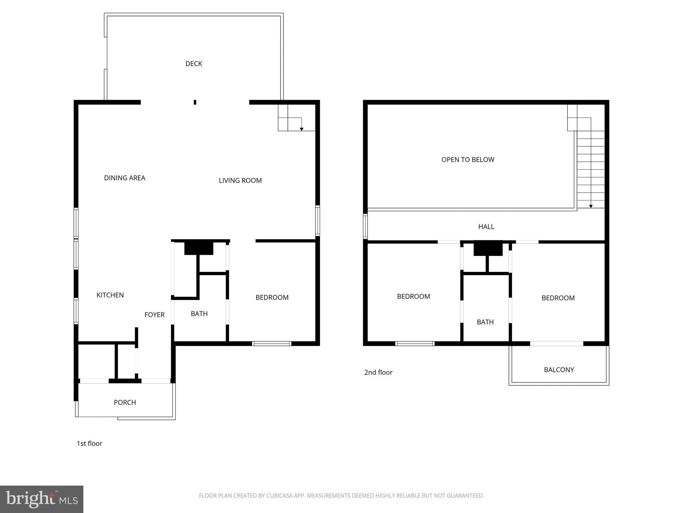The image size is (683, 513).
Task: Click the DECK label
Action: click(x=194, y=63)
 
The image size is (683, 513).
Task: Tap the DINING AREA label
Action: click(x=124, y=178)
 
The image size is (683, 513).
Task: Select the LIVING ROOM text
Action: click(x=240, y=180)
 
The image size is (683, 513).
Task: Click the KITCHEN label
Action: click(x=110, y=295)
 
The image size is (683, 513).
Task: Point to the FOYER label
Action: click(x=154, y=315)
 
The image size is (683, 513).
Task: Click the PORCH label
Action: click(x=125, y=402)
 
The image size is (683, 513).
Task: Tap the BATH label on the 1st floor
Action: click(x=199, y=314)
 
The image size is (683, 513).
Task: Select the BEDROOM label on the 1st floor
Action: click(x=272, y=297)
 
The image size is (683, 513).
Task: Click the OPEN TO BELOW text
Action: click(x=468, y=160)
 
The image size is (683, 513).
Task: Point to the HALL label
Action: click(x=486, y=227)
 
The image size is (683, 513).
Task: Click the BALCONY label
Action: click(x=559, y=370)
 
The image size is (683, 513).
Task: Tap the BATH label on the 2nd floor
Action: click(x=485, y=322)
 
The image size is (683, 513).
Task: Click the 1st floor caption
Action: click(x=89, y=444)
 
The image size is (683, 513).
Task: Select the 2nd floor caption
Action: click(x=378, y=372)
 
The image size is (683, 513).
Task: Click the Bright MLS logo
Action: click(x=41, y=499)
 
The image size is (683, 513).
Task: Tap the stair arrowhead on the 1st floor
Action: click(x=301, y=129)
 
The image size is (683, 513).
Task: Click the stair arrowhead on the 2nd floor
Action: click(x=591, y=206)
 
